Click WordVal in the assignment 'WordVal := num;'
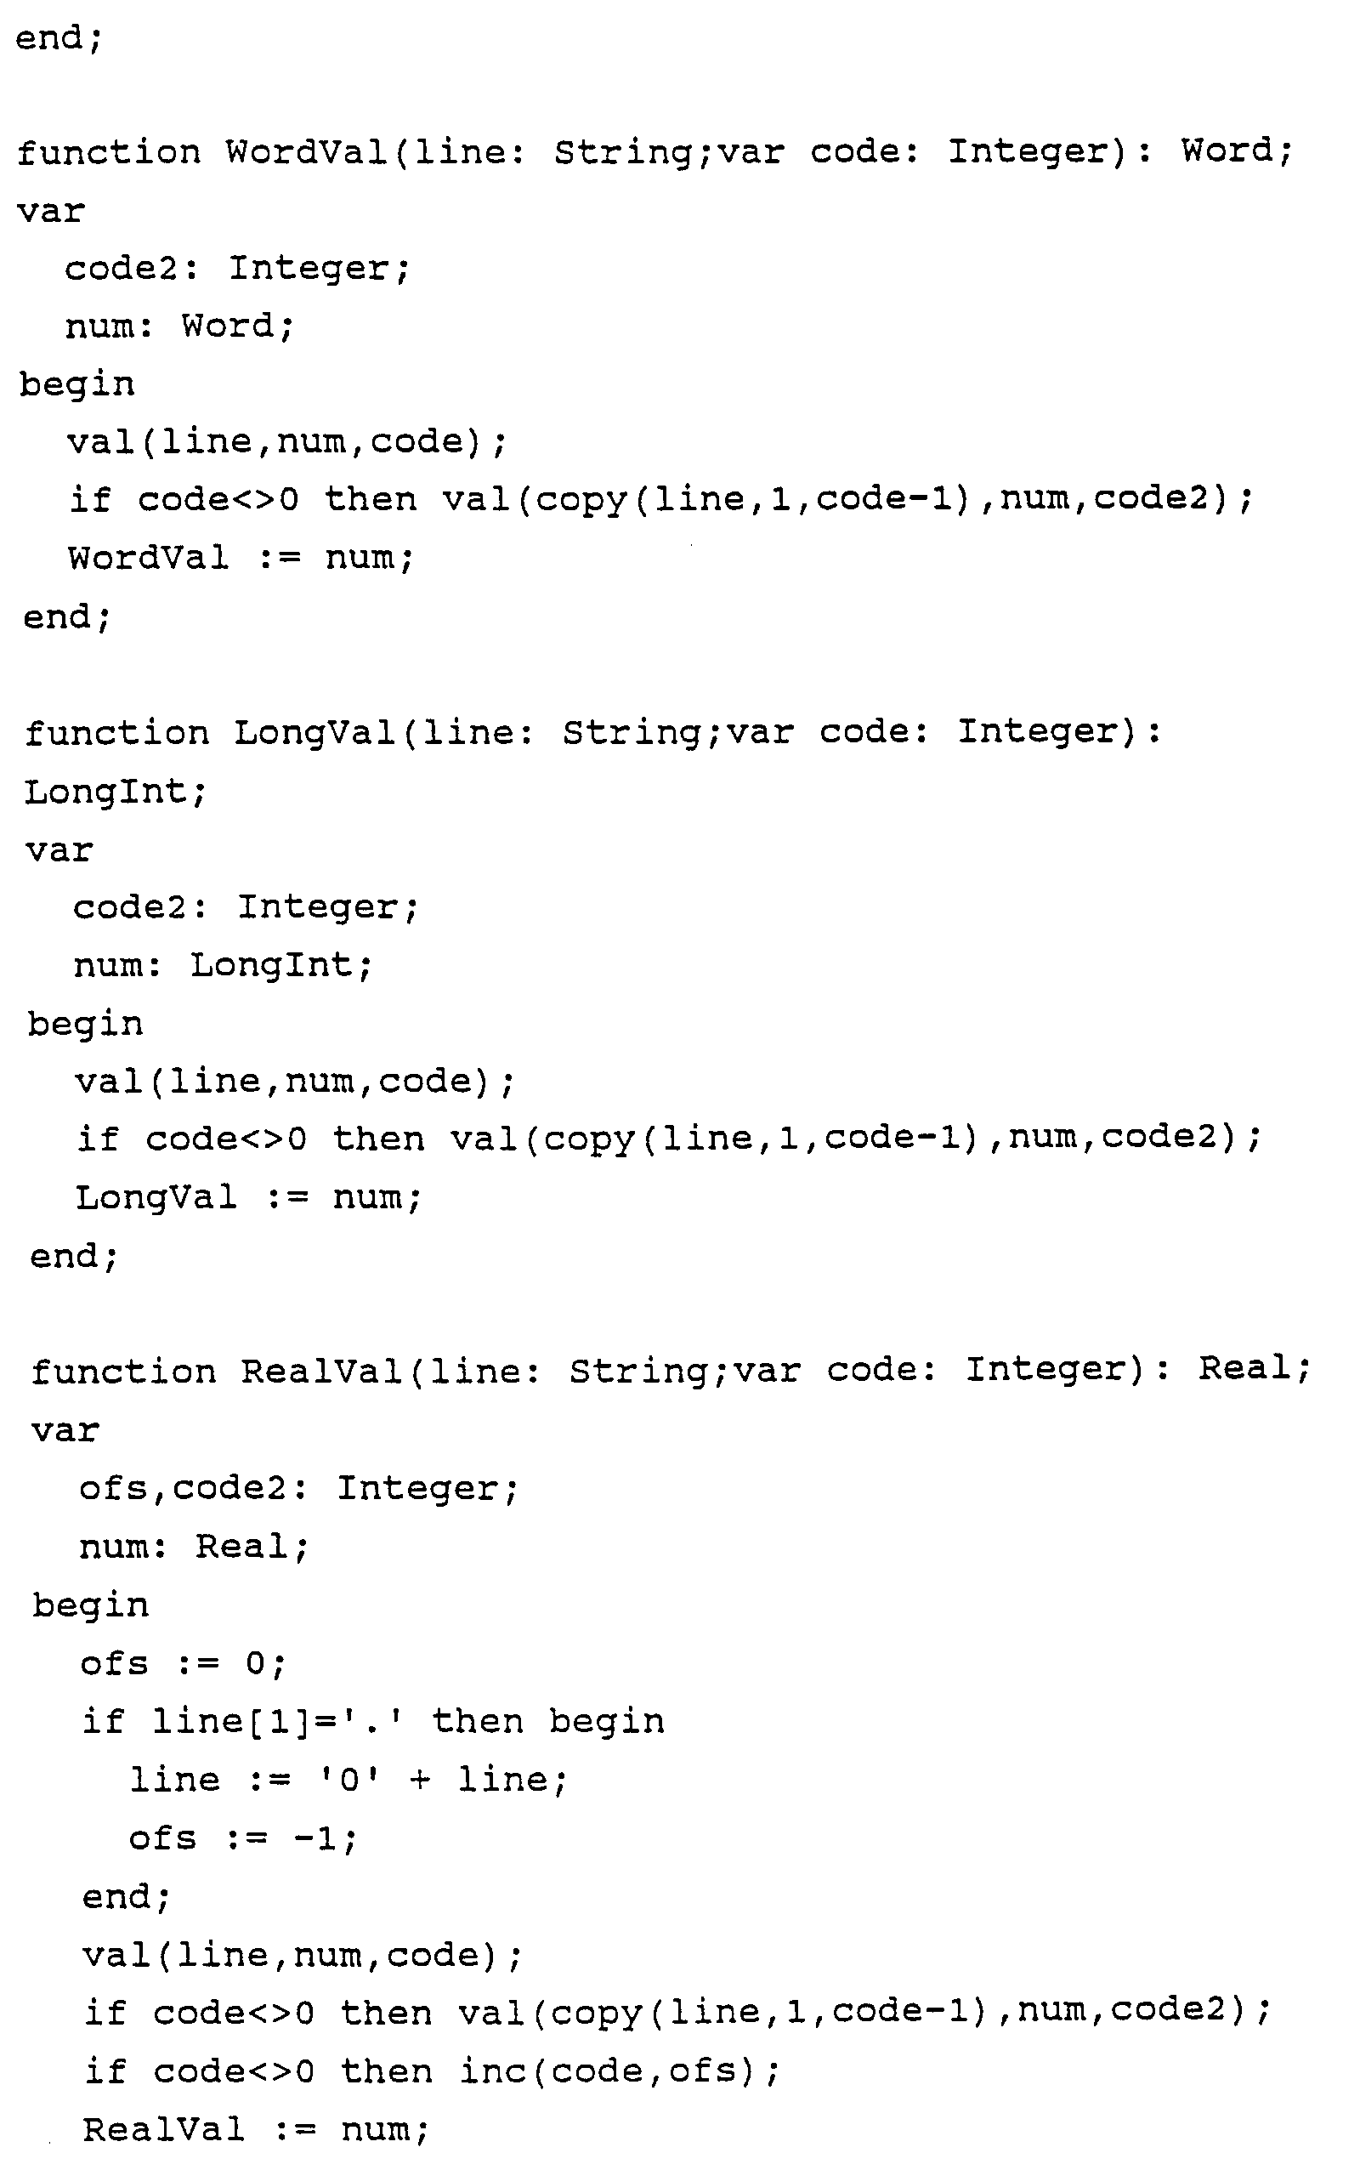click(149, 558)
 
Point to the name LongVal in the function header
click(314, 732)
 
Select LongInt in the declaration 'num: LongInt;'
click(271, 965)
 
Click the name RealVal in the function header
click(321, 1371)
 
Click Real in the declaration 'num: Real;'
click(242, 1547)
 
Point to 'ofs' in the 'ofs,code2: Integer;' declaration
click(113, 1488)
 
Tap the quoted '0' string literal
click(350, 1780)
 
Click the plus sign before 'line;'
click(419, 1780)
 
